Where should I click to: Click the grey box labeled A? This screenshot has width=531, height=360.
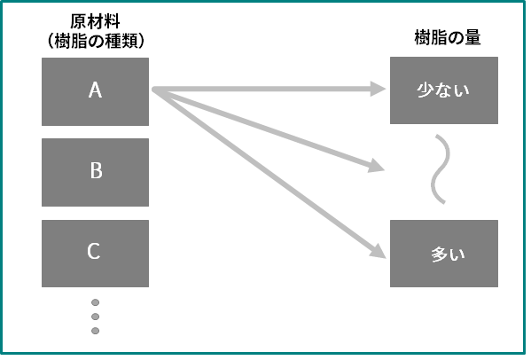click(x=95, y=91)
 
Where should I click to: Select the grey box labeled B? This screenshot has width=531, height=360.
click(x=95, y=172)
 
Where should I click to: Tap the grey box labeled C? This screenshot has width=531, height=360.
click(x=95, y=254)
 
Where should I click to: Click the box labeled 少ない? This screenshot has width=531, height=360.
click(x=444, y=90)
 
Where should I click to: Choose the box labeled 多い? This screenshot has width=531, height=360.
click(x=444, y=254)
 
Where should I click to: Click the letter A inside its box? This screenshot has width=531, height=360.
click(x=95, y=90)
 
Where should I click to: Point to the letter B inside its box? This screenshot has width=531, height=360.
click(x=96, y=170)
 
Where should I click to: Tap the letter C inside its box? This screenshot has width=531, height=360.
click(x=94, y=251)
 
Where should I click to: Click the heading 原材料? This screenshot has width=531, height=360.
click(x=95, y=21)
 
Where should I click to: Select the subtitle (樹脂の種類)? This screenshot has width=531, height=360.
click(x=96, y=41)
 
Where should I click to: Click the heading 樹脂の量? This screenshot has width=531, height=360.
click(x=448, y=37)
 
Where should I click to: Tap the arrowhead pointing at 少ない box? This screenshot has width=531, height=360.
click(x=378, y=89)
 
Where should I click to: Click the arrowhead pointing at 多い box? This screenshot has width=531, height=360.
click(x=378, y=251)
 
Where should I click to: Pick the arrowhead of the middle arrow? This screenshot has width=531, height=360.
click(x=376, y=166)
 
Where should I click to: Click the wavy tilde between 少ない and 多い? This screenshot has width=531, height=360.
click(x=441, y=169)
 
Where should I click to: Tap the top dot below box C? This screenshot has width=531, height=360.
click(x=95, y=302)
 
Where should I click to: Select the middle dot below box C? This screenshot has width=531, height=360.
click(x=95, y=317)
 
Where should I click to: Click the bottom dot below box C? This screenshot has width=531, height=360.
click(x=95, y=331)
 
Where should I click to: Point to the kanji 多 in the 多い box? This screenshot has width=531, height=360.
click(x=440, y=254)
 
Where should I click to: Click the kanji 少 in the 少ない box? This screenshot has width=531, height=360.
click(x=425, y=90)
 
